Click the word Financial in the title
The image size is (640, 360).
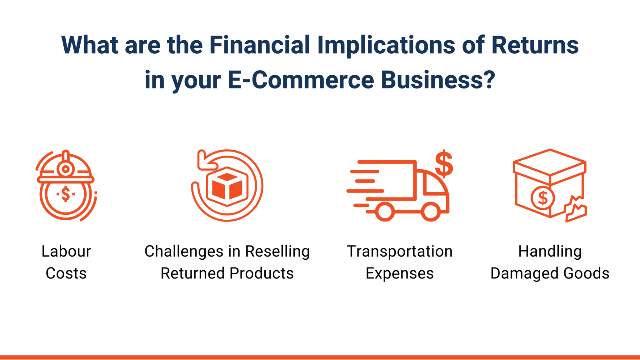click(259, 45)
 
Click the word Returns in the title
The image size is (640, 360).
click(535, 45)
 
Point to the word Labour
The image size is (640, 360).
click(66, 252)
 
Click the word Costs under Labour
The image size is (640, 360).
click(66, 273)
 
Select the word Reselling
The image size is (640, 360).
click(277, 252)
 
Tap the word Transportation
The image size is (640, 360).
click(400, 252)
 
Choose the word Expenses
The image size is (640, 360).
click(400, 273)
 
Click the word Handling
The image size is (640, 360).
click(550, 252)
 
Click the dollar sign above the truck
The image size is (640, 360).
click(444, 164)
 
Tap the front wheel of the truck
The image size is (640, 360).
click(431, 212)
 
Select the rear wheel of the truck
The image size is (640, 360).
click(385, 212)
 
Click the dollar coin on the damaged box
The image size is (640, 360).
click(543, 198)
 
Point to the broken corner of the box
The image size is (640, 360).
click(576, 209)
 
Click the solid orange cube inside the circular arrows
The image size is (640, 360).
click(227, 186)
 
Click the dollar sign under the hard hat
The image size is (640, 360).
click(66, 194)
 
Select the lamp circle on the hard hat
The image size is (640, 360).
click(66, 169)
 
